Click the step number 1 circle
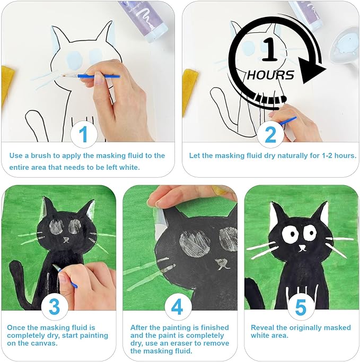[83, 134]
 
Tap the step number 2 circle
[270, 134]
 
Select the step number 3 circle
[55, 307]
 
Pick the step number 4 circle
[177, 307]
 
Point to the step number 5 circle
[301, 307]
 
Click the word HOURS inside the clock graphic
[270, 75]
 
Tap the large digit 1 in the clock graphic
[270, 50]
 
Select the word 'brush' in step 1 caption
[41, 156]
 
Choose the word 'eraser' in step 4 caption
[181, 343]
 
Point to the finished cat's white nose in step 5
[302, 248]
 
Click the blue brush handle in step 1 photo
[99, 76]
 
